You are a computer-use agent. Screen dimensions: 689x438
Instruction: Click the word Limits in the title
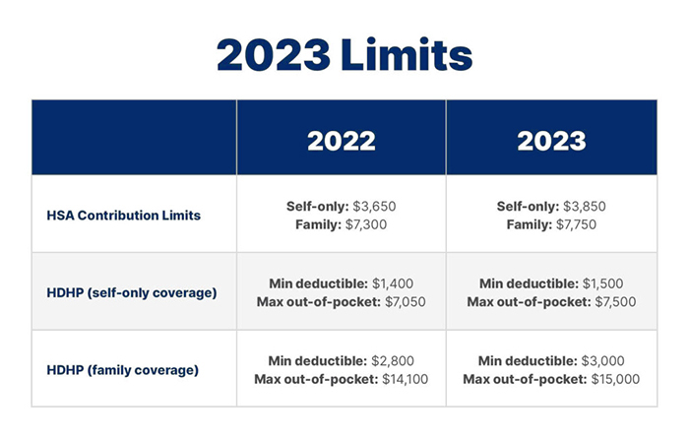point(407,54)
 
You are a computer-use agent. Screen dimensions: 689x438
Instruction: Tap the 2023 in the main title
point(274,55)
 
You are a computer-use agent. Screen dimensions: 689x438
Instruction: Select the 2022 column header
point(342,141)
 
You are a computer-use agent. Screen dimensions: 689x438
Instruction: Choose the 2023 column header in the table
point(551,141)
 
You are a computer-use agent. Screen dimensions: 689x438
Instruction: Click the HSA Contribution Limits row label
point(123,216)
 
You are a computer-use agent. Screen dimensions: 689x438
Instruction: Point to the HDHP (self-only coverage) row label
point(132,292)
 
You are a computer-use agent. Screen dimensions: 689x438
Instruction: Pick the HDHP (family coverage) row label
point(123,370)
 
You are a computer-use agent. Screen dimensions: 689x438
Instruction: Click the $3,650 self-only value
point(374,206)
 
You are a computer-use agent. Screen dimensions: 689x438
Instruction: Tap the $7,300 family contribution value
point(366,224)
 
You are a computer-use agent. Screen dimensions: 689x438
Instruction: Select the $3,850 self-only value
point(585,206)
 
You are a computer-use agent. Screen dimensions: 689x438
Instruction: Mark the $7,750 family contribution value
point(576,224)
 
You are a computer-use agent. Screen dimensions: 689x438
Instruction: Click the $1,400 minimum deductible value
point(393,283)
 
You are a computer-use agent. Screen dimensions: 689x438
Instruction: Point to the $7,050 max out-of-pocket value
point(406,302)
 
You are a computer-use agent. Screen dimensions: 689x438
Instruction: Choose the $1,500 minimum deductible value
point(602,283)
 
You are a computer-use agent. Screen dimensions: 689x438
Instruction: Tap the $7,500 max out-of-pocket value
point(615,302)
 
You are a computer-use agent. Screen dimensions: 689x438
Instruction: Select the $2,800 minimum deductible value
point(393,360)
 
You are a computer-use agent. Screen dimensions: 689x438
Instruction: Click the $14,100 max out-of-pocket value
point(405,379)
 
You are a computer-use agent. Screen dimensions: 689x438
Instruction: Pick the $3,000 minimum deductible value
point(602,360)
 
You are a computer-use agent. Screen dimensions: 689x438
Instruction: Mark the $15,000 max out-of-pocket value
point(615,379)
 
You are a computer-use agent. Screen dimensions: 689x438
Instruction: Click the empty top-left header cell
point(134,138)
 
